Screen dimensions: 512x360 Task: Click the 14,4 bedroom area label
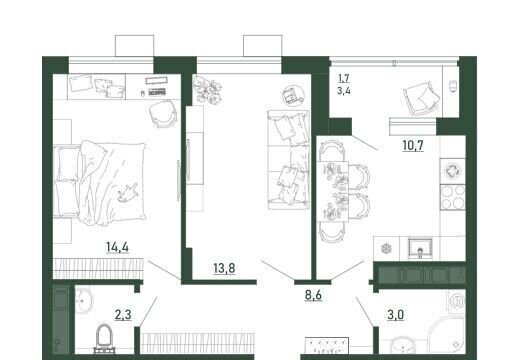point(117,247)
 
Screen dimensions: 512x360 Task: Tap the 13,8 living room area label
point(224,268)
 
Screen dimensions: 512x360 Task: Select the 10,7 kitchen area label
point(413,145)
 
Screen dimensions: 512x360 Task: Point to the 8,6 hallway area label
point(313,295)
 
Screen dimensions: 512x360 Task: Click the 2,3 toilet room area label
point(123,314)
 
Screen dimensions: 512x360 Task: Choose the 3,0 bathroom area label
point(396,314)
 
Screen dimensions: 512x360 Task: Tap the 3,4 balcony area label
point(344,90)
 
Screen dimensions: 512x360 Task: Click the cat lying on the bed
point(127,193)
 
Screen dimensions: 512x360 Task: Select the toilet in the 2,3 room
point(104,338)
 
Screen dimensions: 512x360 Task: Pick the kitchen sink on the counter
point(421,248)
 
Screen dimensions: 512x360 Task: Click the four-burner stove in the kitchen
point(453,197)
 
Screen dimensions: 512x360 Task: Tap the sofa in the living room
point(289,160)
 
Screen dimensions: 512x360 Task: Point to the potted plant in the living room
point(208,89)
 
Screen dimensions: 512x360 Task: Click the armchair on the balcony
point(421,98)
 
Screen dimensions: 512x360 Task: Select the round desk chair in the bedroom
point(162,113)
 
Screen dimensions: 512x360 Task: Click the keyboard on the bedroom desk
point(157,92)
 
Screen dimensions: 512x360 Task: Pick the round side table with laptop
point(291,95)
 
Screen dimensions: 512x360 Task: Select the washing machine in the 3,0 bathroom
point(456,301)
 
